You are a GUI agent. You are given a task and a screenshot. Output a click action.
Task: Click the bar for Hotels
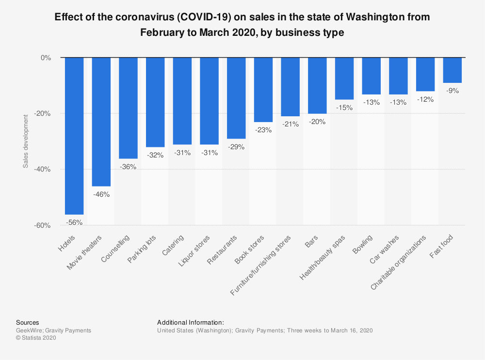pos(74,136)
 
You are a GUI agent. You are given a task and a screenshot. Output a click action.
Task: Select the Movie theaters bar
pos(101,122)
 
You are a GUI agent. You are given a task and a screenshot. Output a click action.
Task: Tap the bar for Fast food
pos(452,70)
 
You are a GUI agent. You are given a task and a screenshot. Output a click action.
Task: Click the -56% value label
pos(75,222)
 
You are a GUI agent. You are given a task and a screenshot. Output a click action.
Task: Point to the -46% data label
pos(102,194)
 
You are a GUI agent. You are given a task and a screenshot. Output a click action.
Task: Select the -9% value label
pos(452,91)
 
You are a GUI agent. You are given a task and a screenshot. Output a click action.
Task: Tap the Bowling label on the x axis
pos(363,245)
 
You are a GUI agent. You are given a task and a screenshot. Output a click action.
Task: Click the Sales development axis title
pos(25,141)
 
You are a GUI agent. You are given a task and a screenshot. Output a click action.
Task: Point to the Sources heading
pos(28,322)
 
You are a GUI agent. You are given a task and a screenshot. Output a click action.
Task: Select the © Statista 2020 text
pos(36,338)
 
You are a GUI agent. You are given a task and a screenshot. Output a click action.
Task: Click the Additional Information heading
pos(191,322)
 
